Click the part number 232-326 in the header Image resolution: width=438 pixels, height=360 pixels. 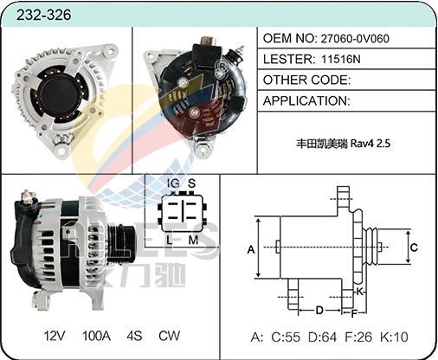coord(43,15)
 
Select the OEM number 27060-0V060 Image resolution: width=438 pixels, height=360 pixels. coord(355,38)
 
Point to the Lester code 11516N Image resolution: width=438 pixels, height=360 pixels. coord(341,59)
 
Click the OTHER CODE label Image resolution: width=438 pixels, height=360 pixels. coord(306,80)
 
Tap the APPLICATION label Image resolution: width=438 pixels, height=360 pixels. coord(306,100)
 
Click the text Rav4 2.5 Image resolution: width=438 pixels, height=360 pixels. coord(370,144)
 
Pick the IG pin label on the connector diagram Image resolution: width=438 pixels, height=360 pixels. coord(173,183)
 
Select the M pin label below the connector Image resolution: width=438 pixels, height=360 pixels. coord(193,240)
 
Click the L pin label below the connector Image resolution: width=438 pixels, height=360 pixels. coord(170,240)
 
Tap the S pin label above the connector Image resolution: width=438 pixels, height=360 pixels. coord(192,183)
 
